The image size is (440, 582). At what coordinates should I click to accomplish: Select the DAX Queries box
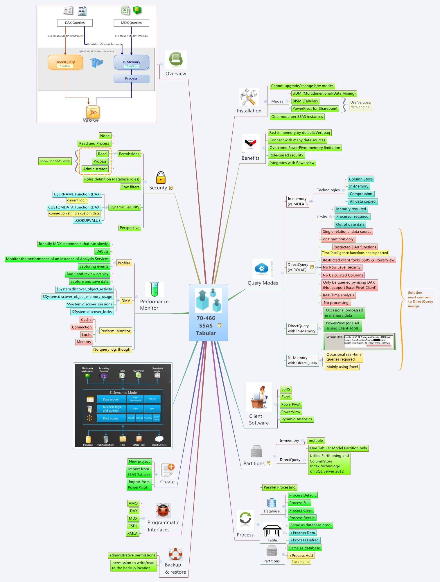click(75, 23)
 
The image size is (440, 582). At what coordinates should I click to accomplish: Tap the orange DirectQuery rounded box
click(65, 62)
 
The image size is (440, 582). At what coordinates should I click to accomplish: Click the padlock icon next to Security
click(161, 177)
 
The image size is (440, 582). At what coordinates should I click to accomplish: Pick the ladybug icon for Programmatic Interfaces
click(163, 510)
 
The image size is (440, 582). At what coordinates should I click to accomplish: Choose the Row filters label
click(130, 187)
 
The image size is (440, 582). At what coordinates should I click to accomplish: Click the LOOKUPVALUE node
click(87, 221)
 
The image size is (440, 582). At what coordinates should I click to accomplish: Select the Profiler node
click(124, 263)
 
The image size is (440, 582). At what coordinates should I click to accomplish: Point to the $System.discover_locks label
click(92, 312)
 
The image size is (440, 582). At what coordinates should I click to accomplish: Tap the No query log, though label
click(112, 349)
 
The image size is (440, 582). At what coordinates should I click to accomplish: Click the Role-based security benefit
click(286, 155)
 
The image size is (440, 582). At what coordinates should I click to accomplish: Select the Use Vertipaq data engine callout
click(360, 105)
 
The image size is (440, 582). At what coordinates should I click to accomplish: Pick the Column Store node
click(360, 179)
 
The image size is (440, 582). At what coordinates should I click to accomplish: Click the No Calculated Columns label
click(343, 275)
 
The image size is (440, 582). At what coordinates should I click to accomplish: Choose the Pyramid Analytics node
click(297, 419)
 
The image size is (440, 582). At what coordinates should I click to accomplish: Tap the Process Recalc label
click(302, 518)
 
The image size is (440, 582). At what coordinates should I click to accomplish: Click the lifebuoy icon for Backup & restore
click(175, 554)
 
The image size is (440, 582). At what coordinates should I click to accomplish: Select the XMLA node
click(132, 534)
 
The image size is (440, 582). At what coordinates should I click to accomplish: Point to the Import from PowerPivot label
click(139, 484)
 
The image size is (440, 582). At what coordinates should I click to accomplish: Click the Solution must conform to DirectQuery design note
click(420, 299)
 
